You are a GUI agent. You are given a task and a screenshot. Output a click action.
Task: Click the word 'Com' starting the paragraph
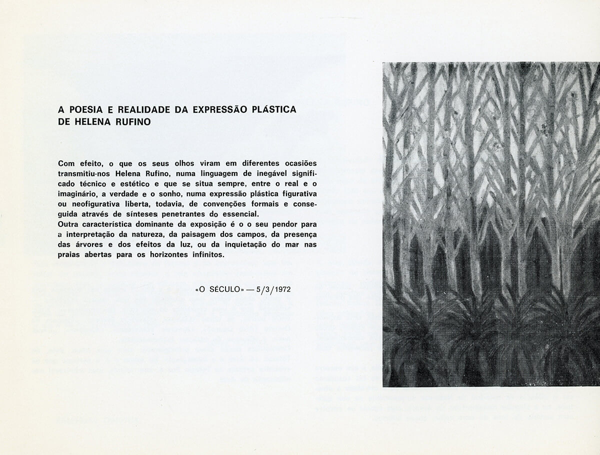click(65, 163)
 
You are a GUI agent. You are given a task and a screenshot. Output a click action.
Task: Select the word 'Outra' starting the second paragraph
click(68, 224)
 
